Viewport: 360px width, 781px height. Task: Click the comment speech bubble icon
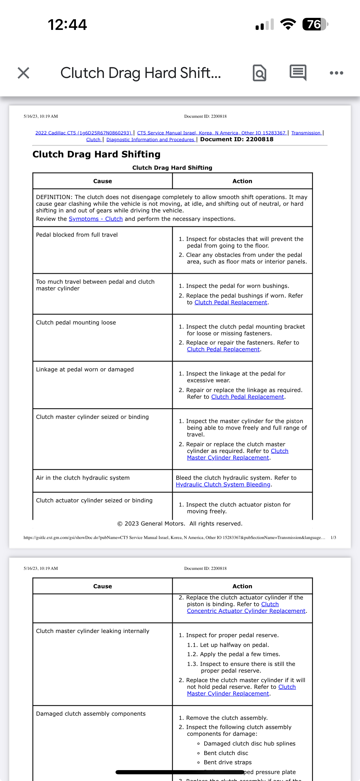point(298,72)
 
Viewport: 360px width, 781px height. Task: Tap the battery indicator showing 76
point(315,24)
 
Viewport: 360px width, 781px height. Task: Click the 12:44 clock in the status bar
point(67,25)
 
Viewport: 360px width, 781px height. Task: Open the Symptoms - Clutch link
point(95,219)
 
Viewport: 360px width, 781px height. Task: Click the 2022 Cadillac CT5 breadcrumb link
point(83,133)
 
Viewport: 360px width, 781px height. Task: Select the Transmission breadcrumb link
point(306,133)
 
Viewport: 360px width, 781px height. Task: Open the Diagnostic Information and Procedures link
point(150,139)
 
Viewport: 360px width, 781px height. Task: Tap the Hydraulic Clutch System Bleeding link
point(223,484)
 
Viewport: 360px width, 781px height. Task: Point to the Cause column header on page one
point(102,181)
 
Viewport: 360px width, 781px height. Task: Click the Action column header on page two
point(242,586)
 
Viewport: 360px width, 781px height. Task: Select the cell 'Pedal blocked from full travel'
point(77,235)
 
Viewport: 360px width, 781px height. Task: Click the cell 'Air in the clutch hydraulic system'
point(83,478)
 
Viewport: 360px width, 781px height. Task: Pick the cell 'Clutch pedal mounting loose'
point(76,322)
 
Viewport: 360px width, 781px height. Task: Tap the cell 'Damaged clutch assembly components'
point(91,713)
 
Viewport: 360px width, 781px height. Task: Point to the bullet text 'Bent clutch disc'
point(226,753)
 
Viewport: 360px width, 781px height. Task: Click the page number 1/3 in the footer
point(333,537)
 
